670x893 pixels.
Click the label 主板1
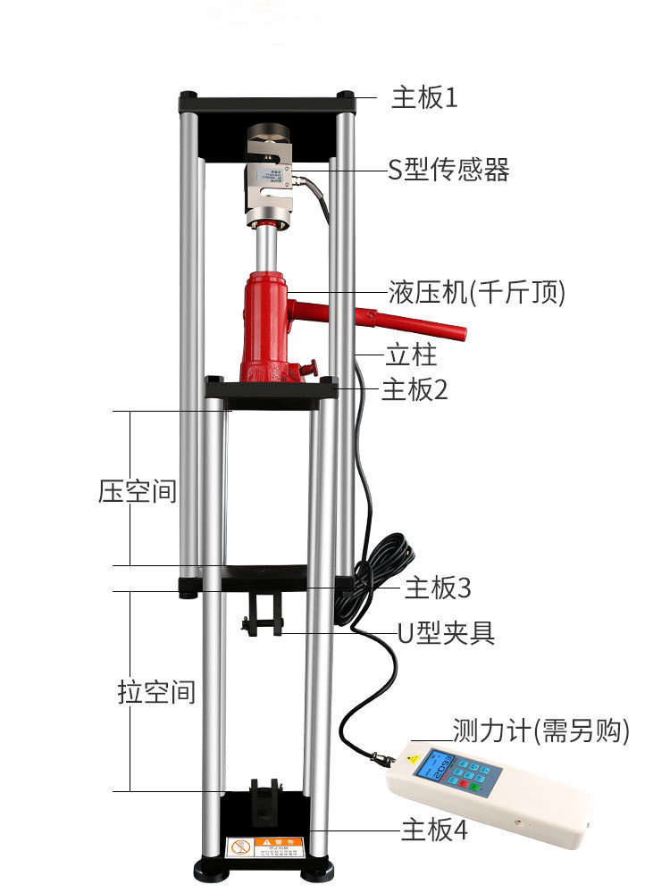[x=424, y=97]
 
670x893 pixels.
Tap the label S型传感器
[x=448, y=170]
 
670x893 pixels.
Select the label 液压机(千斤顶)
[x=477, y=292]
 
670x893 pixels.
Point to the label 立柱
[x=412, y=355]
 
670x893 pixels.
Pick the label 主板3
[x=438, y=588]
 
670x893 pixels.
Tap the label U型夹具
[x=446, y=633]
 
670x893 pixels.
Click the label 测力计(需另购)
[x=541, y=732]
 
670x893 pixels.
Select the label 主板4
[x=434, y=830]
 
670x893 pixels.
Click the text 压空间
[x=138, y=491]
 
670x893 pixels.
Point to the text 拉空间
[x=156, y=692]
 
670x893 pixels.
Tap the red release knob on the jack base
[x=310, y=366]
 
